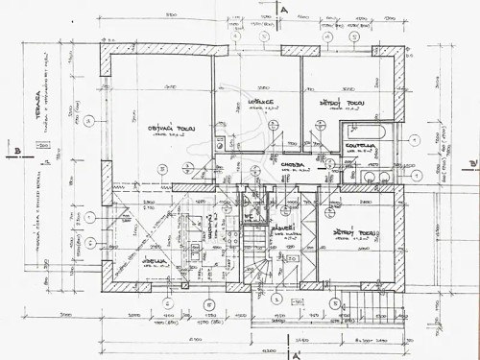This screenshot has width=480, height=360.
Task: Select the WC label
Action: point(247,218)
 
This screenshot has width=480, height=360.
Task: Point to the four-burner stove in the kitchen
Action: point(231,231)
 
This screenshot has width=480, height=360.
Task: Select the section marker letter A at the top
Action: point(286,9)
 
